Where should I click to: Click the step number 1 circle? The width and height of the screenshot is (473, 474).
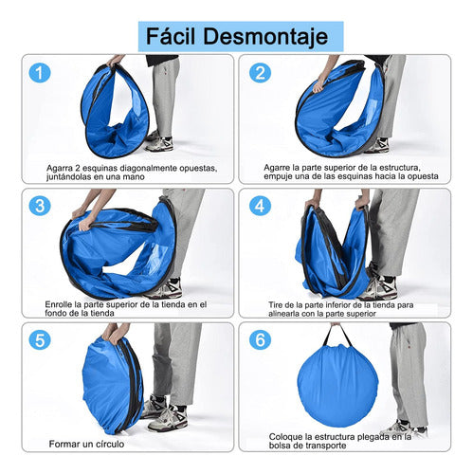(x=40, y=73)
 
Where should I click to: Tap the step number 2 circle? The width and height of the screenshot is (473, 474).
(x=261, y=73)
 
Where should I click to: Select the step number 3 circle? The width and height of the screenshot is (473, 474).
(x=40, y=207)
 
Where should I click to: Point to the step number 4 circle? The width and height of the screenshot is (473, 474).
(x=261, y=207)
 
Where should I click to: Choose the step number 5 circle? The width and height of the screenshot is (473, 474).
(x=40, y=341)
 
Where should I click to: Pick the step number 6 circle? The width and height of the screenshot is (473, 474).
(x=261, y=341)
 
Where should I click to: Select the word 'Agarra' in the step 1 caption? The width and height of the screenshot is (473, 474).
(x=64, y=167)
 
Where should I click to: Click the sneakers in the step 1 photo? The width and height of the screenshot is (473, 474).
(x=159, y=143)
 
